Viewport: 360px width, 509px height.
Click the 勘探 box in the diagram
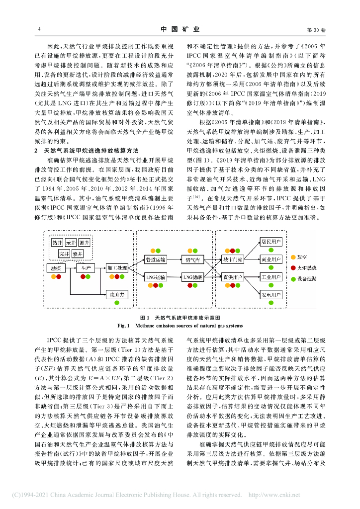point(57,268)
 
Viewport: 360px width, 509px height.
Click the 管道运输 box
point(156,259)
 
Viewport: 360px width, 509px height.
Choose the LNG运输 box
point(156,276)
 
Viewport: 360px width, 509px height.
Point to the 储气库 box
point(191,259)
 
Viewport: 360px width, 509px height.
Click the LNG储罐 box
point(191,276)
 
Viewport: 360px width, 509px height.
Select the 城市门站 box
point(233,259)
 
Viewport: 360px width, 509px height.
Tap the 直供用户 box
point(233,276)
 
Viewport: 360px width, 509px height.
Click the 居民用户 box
point(271,242)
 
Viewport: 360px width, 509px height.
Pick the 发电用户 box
point(271,295)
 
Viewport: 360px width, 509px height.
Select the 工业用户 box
point(271,276)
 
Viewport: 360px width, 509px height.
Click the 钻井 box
point(57,242)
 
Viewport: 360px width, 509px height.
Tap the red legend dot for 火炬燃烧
point(292,267)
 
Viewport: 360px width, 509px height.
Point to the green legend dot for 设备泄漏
point(292,278)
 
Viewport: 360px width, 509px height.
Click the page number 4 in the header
point(39,30)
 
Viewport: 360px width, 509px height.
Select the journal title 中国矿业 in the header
point(180,30)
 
